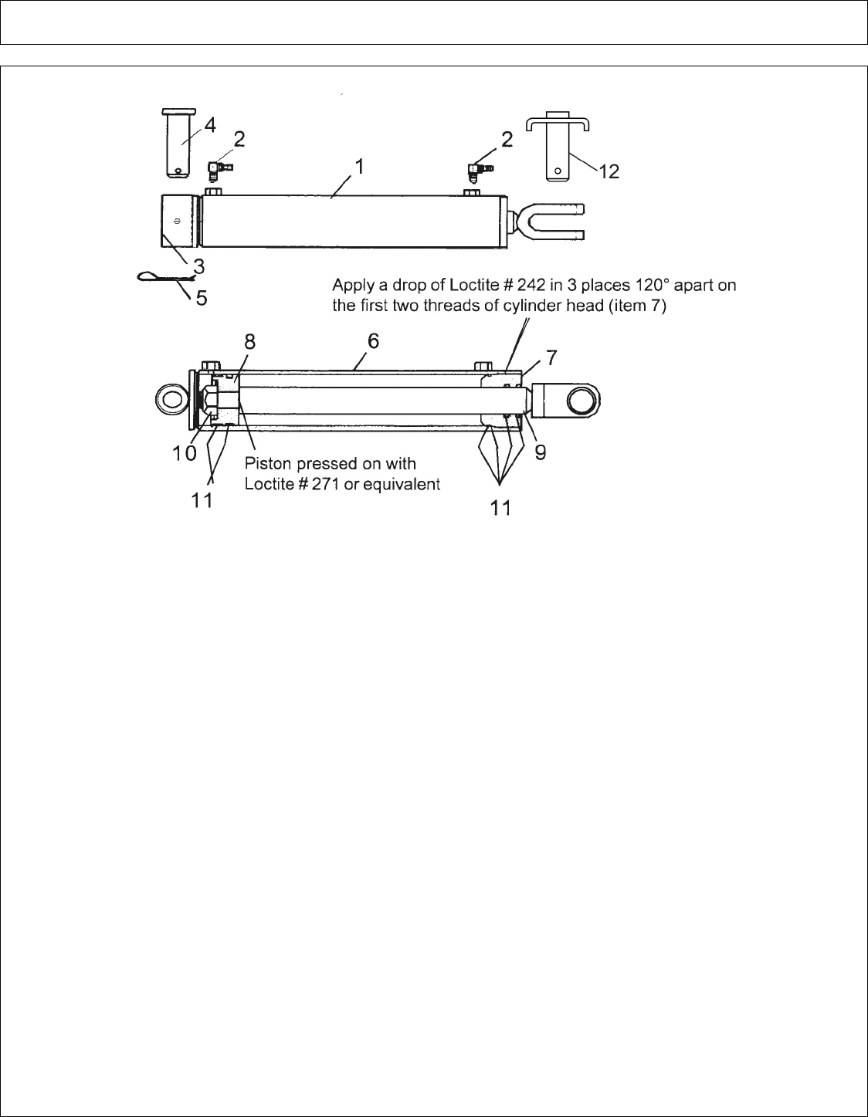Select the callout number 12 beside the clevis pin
pos(609,171)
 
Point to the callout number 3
pos(199,266)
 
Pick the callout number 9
pos(541,452)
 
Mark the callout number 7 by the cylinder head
pos(551,357)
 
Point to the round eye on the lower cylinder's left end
pos(171,400)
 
